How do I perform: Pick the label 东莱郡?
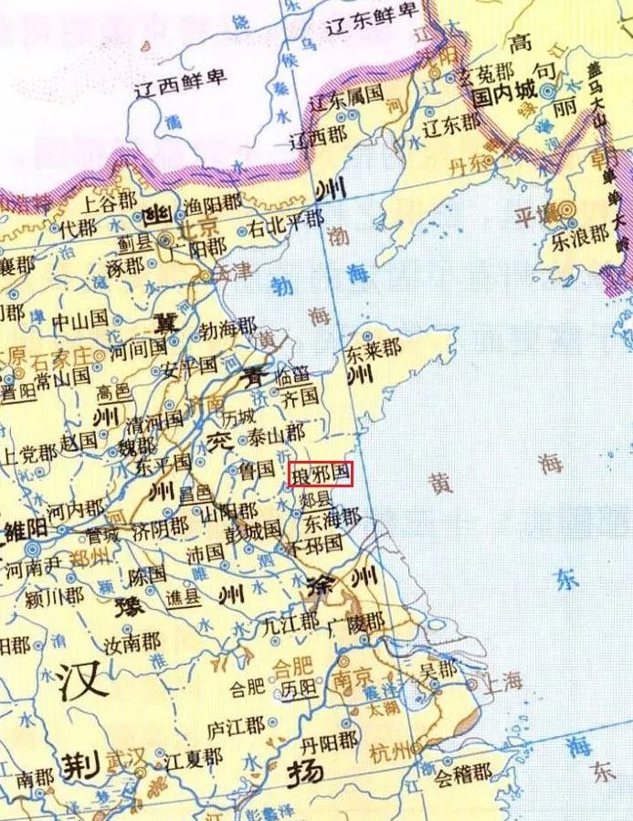[x=374, y=348]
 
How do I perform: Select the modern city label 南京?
[x=351, y=679]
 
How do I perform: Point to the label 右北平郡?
[x=287, y=219]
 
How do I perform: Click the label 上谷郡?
[x=110, y=200]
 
